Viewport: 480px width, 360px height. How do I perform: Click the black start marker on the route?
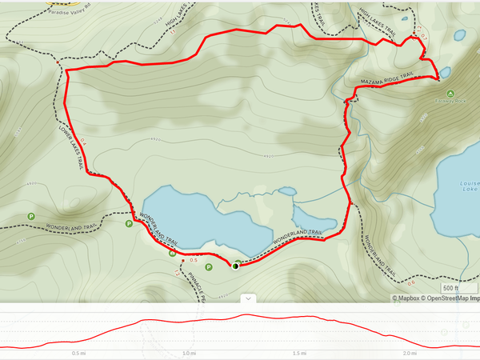[x=235, y=266]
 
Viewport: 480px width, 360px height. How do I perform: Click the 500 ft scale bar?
[x=451, y=288]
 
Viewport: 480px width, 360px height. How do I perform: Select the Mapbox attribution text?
[x=407, y=298]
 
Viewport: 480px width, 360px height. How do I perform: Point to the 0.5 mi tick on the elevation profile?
[x=78, y=353]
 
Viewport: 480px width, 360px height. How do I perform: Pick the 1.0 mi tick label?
[x=189, y=353]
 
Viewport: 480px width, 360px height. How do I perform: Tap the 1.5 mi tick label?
[x=300, y=353]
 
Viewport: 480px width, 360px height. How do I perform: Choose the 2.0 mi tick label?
[x=410, y=353]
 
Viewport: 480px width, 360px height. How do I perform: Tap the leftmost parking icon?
[x=31, y=216]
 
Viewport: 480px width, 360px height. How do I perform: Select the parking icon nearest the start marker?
[x=209, y=267]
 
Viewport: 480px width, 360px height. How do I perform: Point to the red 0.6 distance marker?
[x=411, y=283]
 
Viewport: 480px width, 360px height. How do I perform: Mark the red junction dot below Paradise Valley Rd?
[x=58, y=61]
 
